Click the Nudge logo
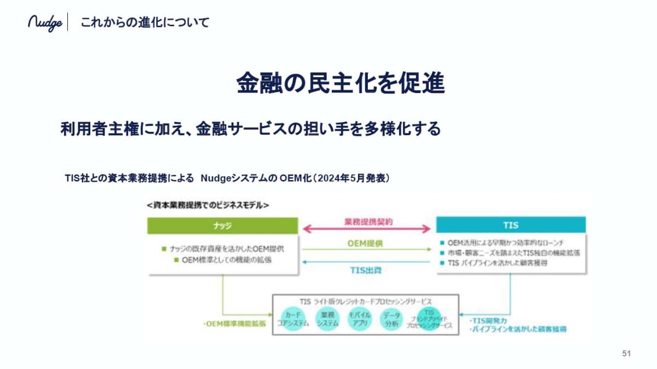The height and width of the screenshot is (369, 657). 45,23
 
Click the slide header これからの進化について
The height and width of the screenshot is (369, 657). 145,23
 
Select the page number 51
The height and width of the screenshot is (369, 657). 627,354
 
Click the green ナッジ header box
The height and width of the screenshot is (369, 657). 223,225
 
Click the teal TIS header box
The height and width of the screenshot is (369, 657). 510,225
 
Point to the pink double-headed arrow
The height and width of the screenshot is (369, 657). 367,229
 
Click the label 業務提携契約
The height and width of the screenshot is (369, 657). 367,222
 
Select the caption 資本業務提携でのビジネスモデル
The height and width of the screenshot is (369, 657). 208,205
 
